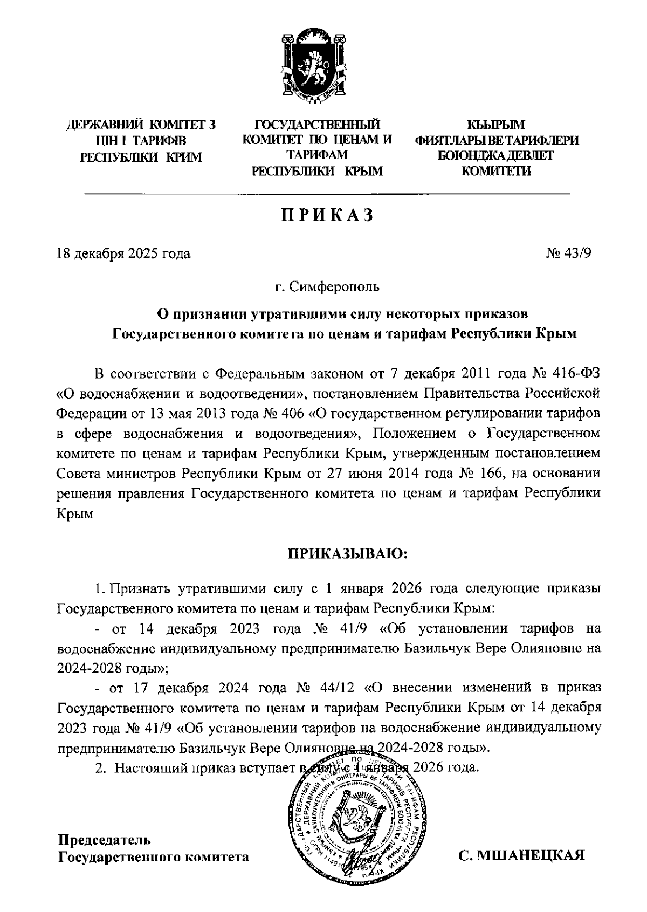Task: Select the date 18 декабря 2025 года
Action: tap(123, 253)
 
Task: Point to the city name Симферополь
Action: tap(334, 286)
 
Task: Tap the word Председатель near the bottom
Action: tap(105, 840)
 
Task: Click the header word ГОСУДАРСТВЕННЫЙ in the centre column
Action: tap(317, 126)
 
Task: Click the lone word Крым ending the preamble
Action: tap(75, 514)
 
